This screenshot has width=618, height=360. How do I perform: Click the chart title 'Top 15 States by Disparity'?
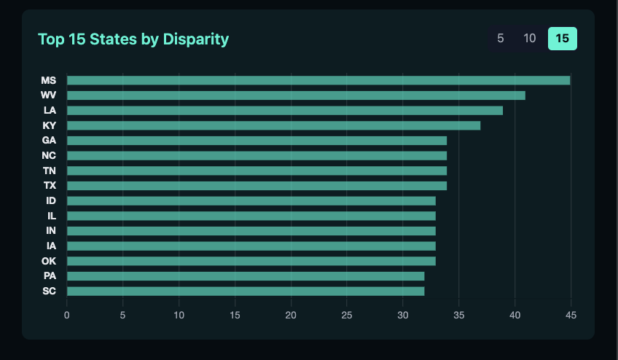(x=133, y=39)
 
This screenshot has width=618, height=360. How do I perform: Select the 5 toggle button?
(x=500, y=39)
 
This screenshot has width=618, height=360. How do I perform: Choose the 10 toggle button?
(x=530, y=39)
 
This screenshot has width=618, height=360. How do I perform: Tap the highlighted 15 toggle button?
(x=562, y=39)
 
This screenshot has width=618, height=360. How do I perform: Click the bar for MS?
(x=318, y=80)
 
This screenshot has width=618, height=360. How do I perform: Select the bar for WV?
(x=296, y=95)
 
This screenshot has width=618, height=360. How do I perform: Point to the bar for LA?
(x=284, y=110)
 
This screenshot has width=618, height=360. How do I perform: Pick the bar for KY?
(x=273, y=125)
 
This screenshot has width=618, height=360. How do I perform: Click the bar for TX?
(x=257, y=186)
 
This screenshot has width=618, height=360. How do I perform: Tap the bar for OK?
(x=251, y=261)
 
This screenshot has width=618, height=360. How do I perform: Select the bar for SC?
(x=246, y=291)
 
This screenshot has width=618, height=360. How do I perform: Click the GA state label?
(x=50, y=141)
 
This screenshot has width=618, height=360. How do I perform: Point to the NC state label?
(x=50, y=156)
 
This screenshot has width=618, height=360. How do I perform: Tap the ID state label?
(x=51, y=201)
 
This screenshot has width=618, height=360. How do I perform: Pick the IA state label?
(x=51, y=246)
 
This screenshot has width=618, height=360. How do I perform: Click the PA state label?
(x=50, y=276)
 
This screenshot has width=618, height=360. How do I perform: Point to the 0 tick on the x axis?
(x=67, y=315)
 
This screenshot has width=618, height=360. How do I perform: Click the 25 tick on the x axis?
(x=347, y=315)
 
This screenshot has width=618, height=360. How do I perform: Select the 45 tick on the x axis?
(x=571, y=315)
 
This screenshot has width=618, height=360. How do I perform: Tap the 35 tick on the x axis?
(x=458, y=315)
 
